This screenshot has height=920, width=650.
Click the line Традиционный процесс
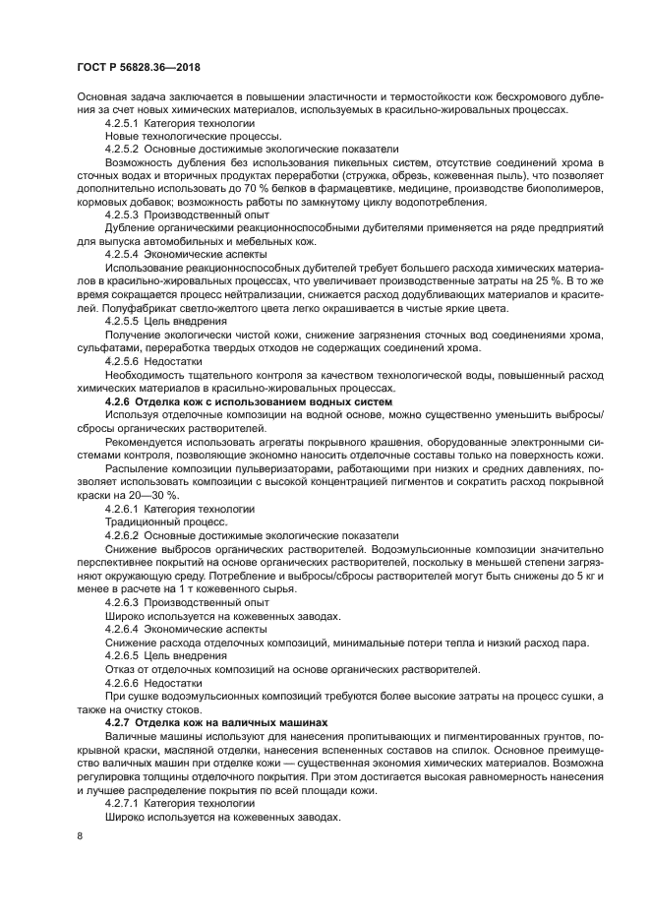(x=148, y=522)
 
